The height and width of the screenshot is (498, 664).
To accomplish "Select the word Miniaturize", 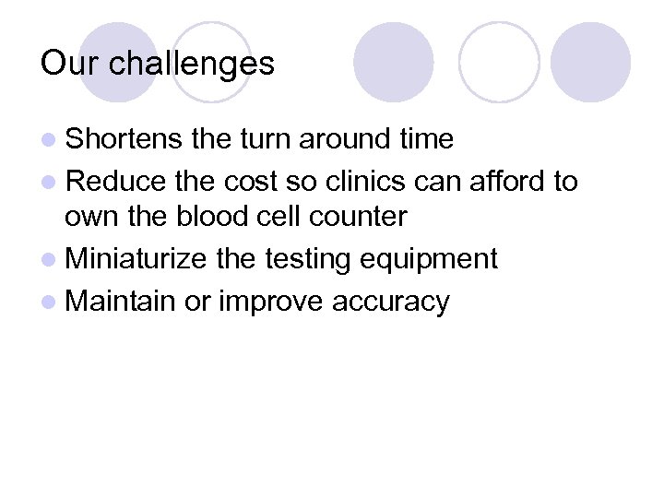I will pos(136,259).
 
